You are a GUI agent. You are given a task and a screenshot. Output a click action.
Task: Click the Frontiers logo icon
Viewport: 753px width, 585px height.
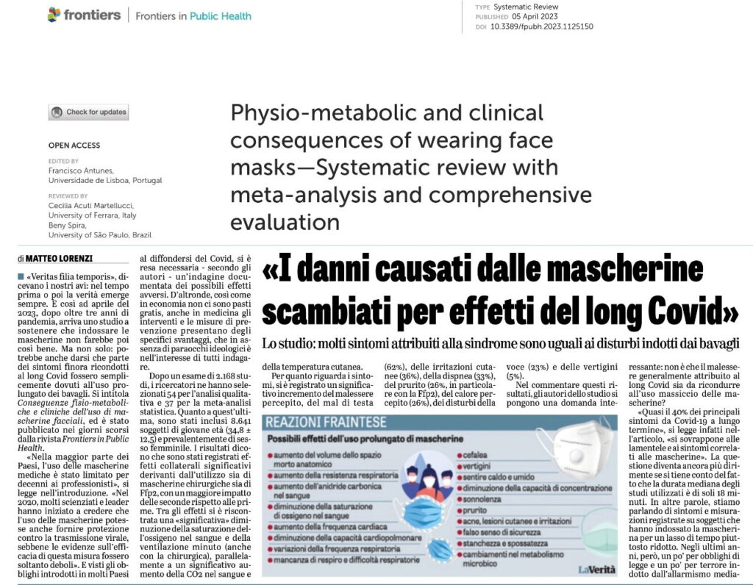tap(54, 15)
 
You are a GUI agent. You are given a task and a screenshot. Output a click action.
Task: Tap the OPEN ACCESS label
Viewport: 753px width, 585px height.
tap(74, 146)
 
